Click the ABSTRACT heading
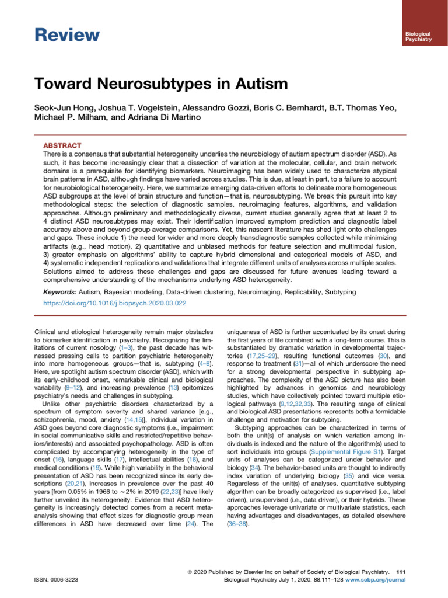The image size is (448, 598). pyautogui.click(x=64, y=145)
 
